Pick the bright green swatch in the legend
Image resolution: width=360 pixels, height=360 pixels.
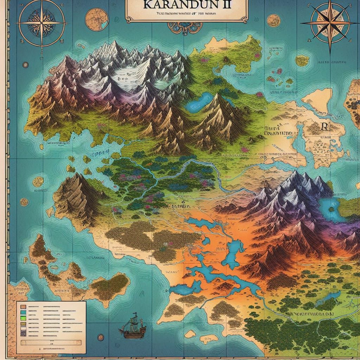23,319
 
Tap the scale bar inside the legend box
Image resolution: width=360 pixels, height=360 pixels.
51,343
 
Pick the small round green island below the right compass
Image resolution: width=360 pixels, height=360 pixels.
302,61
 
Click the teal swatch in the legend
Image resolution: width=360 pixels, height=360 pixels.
23,312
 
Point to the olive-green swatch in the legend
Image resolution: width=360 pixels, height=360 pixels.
23,324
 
